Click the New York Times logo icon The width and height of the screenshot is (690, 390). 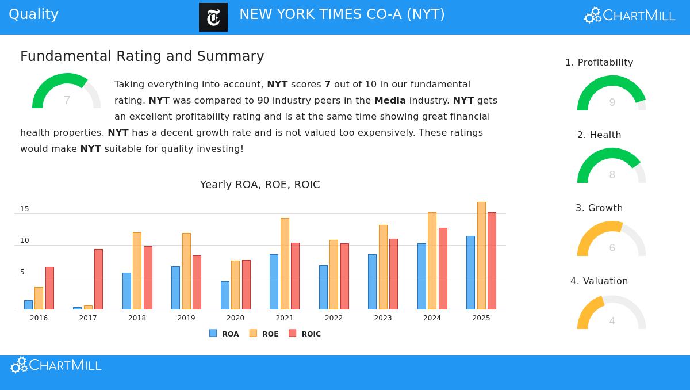[x=213, y=17]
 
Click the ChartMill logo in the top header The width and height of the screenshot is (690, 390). [x=630, y=16]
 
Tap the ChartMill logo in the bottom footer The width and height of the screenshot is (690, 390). [x=56, y=365]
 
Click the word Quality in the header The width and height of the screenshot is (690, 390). [x=33, y=14]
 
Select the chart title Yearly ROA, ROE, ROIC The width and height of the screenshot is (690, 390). [x=260, y=185]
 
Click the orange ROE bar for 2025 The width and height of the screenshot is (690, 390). [x=481, y=255]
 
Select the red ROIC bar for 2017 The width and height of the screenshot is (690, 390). [x=98, y=279]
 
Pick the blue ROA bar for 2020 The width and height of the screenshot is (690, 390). [x=225, y=295]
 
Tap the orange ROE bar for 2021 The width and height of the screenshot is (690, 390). [x=285, y=263]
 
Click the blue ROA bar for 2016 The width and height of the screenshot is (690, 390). [x=28, y=304]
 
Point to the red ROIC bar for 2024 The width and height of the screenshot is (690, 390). [x=443, y=269]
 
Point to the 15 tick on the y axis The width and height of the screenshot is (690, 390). [x=25, y=209]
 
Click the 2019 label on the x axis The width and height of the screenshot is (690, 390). [x=186, y=318]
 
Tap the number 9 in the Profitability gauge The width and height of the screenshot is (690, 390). [x=612, y=102]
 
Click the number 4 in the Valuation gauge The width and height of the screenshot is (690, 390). [x=612, y=321]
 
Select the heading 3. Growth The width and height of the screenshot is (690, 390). [x=599, y=208]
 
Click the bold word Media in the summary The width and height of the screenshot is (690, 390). [x=390, y=100]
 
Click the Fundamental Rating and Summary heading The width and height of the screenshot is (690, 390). [x=142, y=56]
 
